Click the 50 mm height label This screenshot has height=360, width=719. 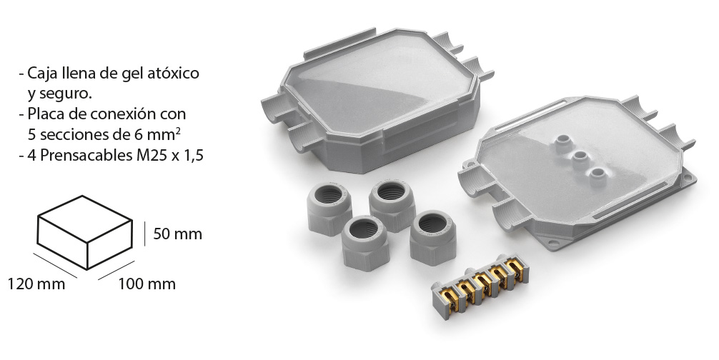pyautogui.click(x=177, y=234)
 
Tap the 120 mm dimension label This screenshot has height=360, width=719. pyautogui.click(x=36, y=284)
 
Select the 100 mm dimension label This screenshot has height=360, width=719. pyautogui.click(x=147, y=284)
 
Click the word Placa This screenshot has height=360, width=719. pyautogui.click(x=44, y=114)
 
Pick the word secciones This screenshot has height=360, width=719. pyautogui.click(x=70, y=135)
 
